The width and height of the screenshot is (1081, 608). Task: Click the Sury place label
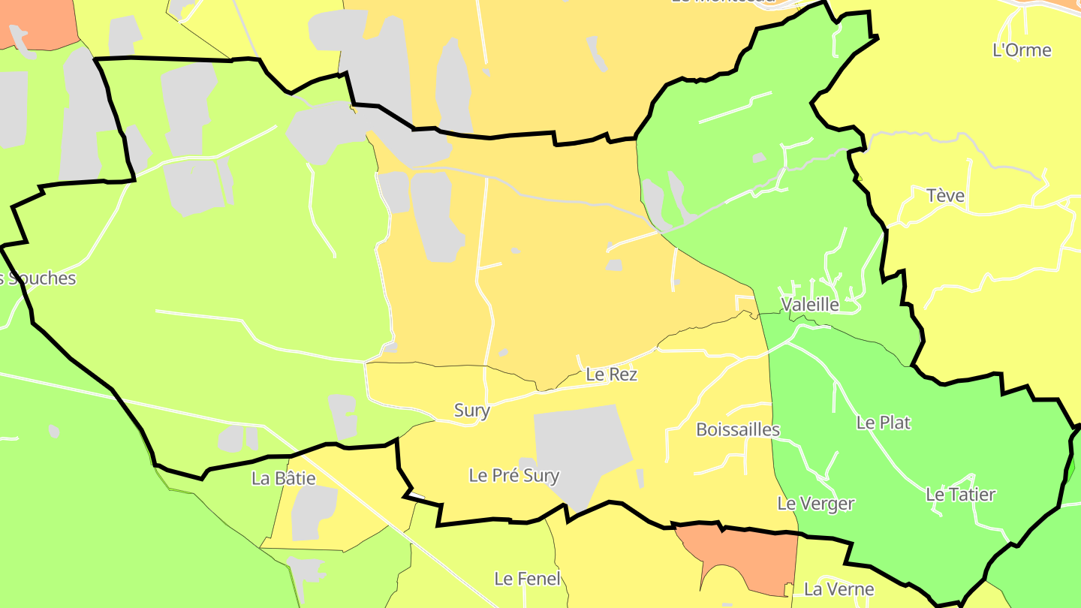coord(471,411)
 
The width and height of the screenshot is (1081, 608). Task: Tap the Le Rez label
coord(611,374)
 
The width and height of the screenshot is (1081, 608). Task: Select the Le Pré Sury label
coord(514,475)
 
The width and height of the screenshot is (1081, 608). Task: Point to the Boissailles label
coord(738,429)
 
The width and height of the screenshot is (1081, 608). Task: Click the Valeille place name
coord(810,304)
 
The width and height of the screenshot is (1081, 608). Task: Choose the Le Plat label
coord(884,423)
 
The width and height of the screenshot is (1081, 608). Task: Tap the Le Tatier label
coord(960,495)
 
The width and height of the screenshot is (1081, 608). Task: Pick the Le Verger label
coord(815,504)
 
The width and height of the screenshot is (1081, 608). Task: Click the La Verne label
coord(839,589)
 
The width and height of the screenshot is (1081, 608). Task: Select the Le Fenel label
coord(527,579)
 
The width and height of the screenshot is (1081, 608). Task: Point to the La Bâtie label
coord(284,478)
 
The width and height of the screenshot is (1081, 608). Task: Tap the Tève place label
coord(945,196)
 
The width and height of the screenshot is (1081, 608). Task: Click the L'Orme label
coord(1022,50)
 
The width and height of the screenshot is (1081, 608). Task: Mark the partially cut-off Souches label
coord(38,278)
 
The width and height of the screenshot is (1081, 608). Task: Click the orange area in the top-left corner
coord(38,23)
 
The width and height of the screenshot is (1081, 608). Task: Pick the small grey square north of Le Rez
coord(613,265)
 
